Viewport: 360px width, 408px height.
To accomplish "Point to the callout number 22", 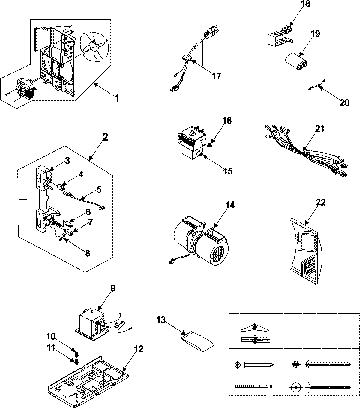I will pos(321,203).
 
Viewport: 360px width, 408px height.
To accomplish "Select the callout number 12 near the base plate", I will pos(139,349).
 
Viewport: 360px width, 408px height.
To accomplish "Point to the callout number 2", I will pos(105,138).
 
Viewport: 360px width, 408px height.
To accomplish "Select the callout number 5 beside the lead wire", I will pos(99,190).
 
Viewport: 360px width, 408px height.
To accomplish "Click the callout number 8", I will pos(87,253).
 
